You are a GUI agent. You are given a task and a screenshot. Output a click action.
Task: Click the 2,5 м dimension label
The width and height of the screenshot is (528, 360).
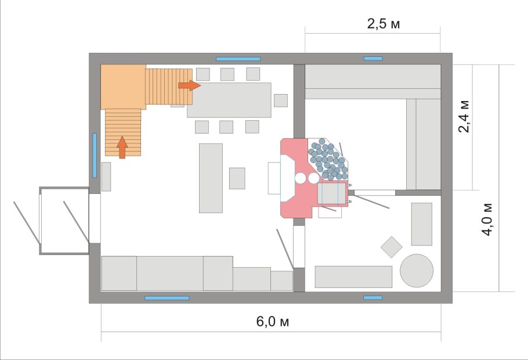point(383,24)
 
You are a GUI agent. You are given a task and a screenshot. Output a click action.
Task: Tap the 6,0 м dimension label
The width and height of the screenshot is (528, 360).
point(273,321)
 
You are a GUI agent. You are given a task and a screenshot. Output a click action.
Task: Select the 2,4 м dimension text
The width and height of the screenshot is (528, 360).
point(464,116)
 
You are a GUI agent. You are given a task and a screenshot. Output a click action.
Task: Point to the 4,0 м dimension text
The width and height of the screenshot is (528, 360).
point(487,219)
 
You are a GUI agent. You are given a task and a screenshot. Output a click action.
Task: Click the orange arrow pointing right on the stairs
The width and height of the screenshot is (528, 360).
point(190,85)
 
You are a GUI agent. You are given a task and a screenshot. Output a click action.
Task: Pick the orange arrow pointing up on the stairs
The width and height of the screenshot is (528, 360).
point(122,147)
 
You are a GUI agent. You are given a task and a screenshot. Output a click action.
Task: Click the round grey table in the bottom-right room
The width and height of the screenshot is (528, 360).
point(417,271)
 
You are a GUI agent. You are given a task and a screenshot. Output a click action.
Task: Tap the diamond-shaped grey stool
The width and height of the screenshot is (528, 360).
point(391,247)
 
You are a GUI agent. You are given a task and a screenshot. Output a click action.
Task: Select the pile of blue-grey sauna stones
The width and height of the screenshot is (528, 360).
point(328,159)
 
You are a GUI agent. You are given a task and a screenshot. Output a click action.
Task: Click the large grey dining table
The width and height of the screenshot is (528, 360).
point(229,100)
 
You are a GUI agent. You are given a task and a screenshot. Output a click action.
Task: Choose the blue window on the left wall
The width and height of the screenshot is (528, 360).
point(95,155)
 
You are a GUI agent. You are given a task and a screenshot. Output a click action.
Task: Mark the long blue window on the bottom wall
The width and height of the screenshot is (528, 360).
point(167,298)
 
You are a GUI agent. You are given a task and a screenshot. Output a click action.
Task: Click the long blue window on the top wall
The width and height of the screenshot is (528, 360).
point(238,59)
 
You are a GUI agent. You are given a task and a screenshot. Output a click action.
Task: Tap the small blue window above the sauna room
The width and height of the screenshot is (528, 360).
point(373,59)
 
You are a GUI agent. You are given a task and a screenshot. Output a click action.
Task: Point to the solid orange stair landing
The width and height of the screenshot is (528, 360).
point(123,87)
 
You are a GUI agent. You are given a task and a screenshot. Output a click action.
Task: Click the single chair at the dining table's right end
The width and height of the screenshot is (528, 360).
point(281,100)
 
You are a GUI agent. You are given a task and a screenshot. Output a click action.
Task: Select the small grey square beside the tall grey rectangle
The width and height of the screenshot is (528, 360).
point(237,178)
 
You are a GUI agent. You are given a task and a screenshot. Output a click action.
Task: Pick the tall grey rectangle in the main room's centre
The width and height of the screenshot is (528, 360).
point(211,178)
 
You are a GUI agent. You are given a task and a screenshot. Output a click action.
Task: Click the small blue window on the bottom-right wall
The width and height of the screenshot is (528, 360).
point(373,298)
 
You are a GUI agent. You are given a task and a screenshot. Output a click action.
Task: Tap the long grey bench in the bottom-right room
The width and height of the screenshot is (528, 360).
point(353,277)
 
